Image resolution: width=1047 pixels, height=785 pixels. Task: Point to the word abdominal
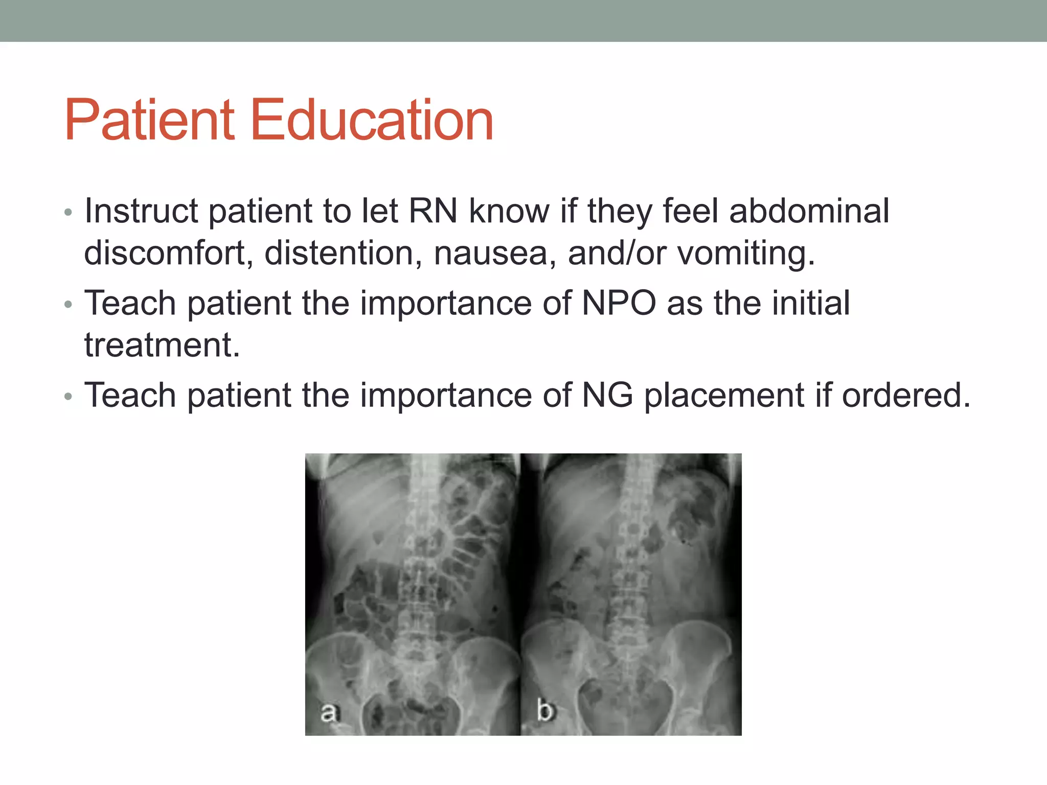(809, 211)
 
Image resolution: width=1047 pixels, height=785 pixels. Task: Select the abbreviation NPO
(619, 304)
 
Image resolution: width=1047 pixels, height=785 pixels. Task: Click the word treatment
(162, 345)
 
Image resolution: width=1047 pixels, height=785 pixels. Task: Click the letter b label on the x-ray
(545, 710)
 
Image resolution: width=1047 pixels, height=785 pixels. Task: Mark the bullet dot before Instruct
(69, 212)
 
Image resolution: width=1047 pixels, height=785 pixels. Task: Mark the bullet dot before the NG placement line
(69, 397)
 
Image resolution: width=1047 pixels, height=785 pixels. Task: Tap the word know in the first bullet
(509, 211)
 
